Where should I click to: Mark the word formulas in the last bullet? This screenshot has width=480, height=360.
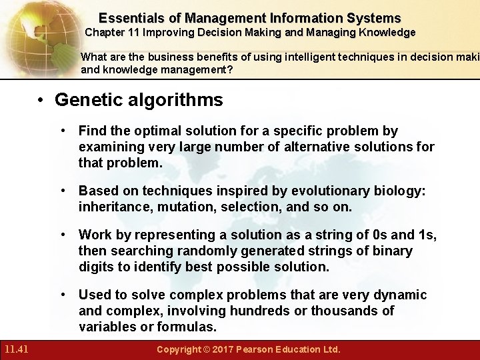click(x=187, y=327)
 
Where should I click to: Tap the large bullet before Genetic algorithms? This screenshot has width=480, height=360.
click(x=41, y=101)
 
